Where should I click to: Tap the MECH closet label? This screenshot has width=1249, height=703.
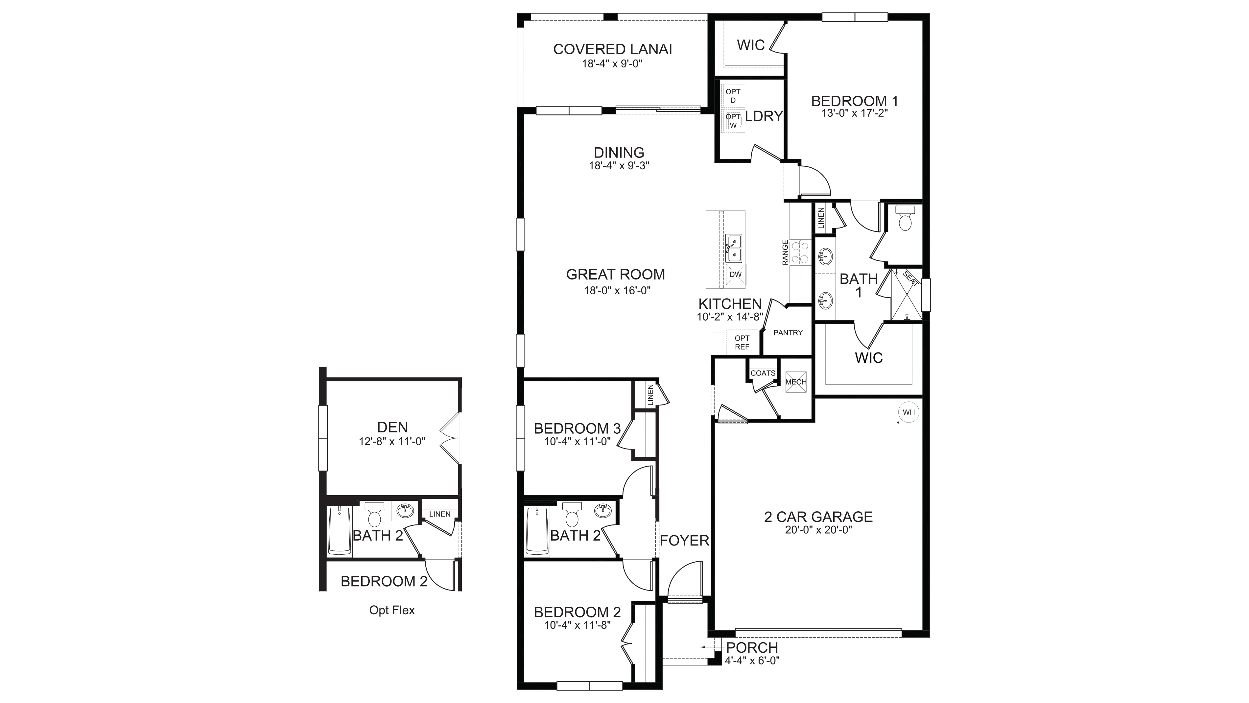coord(796,382)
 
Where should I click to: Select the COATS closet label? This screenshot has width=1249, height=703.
coord(763,373)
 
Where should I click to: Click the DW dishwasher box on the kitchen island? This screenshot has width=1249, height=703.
coord(736,274)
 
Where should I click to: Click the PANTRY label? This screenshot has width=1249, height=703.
coord(788,333)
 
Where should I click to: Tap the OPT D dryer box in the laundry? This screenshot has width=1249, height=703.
coord(733,96)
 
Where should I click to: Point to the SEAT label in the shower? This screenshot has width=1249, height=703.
coord(910,279)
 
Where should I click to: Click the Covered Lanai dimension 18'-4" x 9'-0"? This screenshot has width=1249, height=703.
coord(612,63)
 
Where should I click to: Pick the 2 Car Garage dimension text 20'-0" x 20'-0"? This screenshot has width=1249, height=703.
coord(818,530)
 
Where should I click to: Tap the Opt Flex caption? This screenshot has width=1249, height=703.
coord(392,610)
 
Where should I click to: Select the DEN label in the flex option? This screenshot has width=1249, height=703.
coord(392,427)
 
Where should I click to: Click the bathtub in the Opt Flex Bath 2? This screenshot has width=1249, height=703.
coord(340,530)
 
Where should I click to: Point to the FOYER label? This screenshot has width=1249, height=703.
coord(684,541)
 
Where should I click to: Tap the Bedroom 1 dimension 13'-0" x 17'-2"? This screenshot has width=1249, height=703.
coord(854,113)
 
